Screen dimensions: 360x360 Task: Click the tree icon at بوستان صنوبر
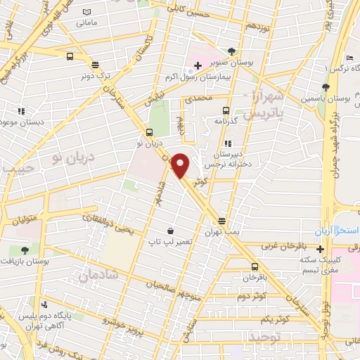tap(232, 51)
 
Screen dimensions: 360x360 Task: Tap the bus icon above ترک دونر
tap(70, 58)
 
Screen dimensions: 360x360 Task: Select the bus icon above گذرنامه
tap(226, 110)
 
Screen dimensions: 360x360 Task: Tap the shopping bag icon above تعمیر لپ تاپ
tap(170, 231)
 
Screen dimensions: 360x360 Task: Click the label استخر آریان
tap(337, 231)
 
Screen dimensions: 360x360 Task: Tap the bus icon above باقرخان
tap(255, 267)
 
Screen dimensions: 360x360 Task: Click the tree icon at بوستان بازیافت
tap(25, 250)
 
